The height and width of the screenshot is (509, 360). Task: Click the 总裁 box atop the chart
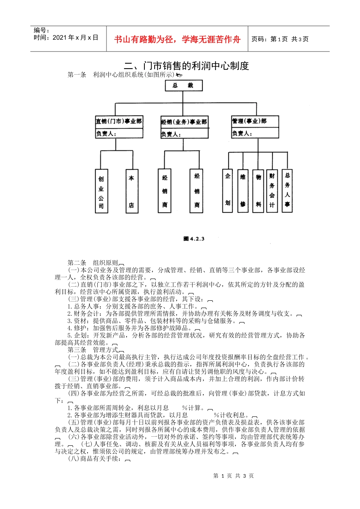pos(183,86)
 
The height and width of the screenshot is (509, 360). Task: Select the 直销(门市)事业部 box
pos(119,127)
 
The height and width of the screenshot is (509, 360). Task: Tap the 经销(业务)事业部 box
pos(184,128)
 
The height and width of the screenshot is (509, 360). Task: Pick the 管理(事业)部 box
pos(255,127)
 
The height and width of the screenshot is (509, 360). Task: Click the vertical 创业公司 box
pos(101,191)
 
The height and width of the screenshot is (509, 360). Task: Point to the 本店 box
pos(131,191)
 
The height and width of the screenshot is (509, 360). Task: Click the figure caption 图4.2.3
pos(194,239)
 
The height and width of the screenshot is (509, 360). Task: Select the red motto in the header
pos(177,39)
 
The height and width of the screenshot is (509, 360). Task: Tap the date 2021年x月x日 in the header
pos(66,37)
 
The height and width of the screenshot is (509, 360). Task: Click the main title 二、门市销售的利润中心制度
pos(186,66)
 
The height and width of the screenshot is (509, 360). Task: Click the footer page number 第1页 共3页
pos(233,476)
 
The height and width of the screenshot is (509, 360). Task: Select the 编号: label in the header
pos(42,30)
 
